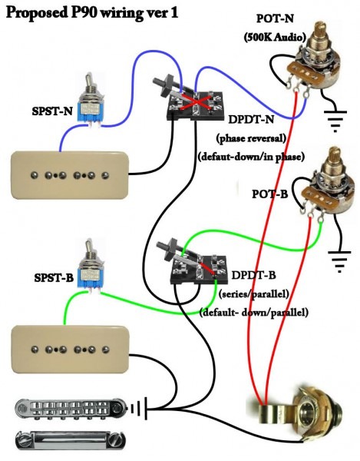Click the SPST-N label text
(x=52, y=111)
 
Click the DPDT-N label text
(x=251, y=120)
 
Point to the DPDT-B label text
(x=254, y=275)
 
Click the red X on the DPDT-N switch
(x=196, y=102)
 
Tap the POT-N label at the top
(x=275, y=18)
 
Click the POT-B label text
(x=270, y=194)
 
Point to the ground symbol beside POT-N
(x=335, y=121)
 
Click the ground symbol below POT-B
(x=339, y=261)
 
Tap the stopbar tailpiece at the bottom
(x=71, y=441)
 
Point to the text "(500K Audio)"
(x=275, y=37)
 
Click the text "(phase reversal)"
(x=251, y=138)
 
